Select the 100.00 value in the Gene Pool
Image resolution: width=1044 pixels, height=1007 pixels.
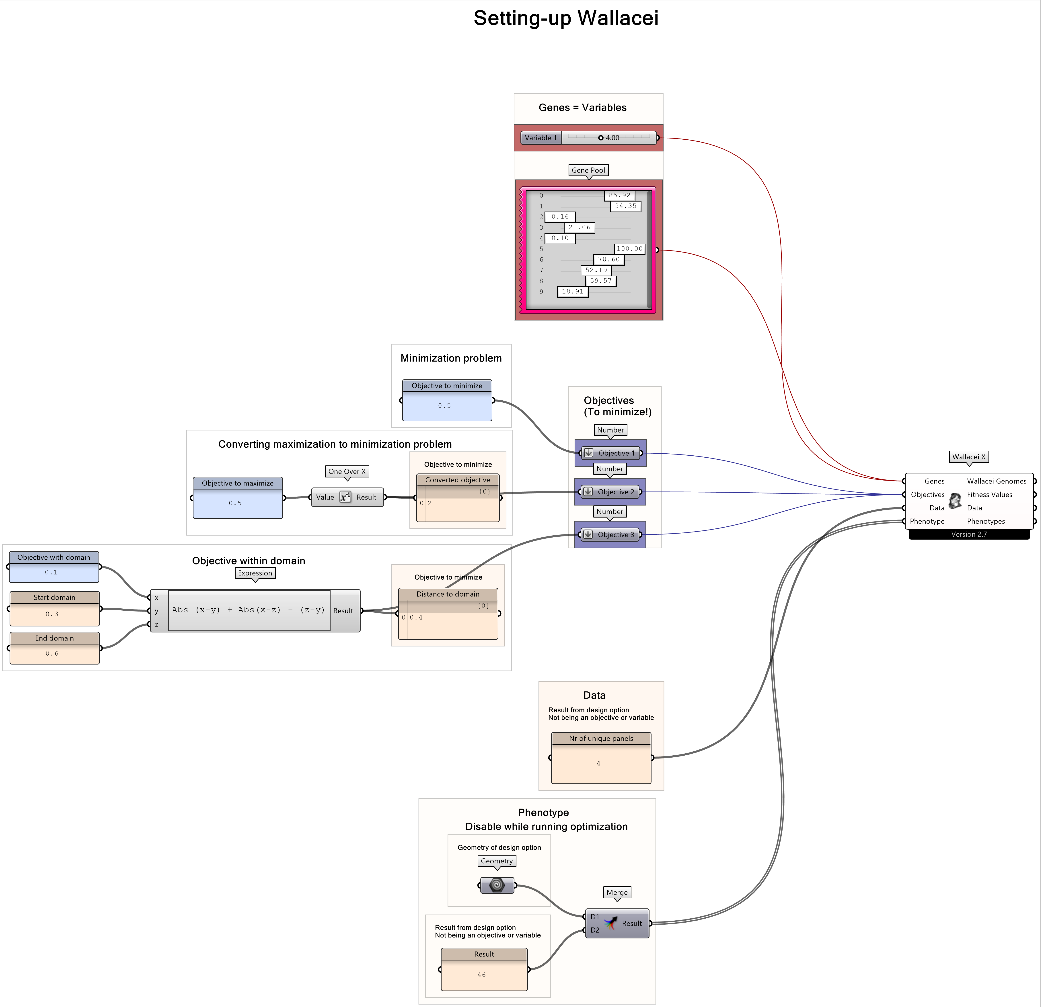630,249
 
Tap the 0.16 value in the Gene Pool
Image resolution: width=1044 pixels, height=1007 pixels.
560,217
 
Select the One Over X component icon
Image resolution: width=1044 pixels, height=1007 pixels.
345,497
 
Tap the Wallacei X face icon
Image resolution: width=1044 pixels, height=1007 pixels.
955,501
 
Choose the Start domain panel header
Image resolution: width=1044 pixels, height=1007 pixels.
54,597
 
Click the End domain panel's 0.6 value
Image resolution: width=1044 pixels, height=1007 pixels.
52,654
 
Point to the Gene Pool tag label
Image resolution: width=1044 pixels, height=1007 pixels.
588,170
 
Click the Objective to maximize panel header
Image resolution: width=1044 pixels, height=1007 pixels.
238,483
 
